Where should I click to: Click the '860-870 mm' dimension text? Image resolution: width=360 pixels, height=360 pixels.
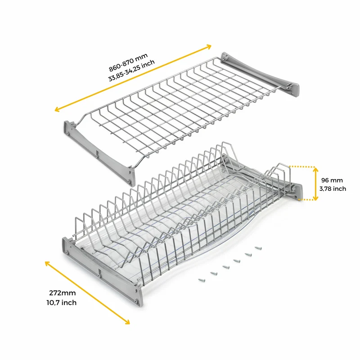tap(128, 63)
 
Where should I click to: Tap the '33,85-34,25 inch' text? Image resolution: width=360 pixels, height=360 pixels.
tap(131, 71)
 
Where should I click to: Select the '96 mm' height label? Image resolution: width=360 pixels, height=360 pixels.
tap(332, 180)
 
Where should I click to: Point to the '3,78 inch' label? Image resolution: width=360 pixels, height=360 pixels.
tap(333, 189)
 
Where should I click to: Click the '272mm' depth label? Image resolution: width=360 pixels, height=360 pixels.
tap(63, 293)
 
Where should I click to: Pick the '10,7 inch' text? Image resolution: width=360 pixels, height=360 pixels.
tap(62, 302)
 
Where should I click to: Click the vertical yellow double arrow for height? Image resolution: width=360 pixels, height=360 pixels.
tap(316, 184)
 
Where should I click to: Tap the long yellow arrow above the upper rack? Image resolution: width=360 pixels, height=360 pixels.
tap(133, 78)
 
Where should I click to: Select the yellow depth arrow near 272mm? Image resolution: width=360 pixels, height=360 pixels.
tap(87, 292)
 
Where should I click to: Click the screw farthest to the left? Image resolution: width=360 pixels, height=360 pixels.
tap(202, 280)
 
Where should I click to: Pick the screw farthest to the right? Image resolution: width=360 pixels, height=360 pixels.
tap(258, 248)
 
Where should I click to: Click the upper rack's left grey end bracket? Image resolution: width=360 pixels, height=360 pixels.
tap(99, 153)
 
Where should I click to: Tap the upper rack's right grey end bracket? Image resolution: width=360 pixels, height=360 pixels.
tap(261, 75)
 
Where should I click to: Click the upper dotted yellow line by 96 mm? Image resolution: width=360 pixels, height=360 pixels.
tap(301, 166)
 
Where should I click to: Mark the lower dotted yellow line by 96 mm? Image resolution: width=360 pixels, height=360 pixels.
tap(306, 200)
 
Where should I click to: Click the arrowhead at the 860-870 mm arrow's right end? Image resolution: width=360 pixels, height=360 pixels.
tap(208, 47)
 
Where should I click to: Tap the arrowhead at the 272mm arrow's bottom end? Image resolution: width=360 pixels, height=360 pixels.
tap(127, 322)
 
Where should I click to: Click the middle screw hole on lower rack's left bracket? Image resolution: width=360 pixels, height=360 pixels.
tap(99, 275)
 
